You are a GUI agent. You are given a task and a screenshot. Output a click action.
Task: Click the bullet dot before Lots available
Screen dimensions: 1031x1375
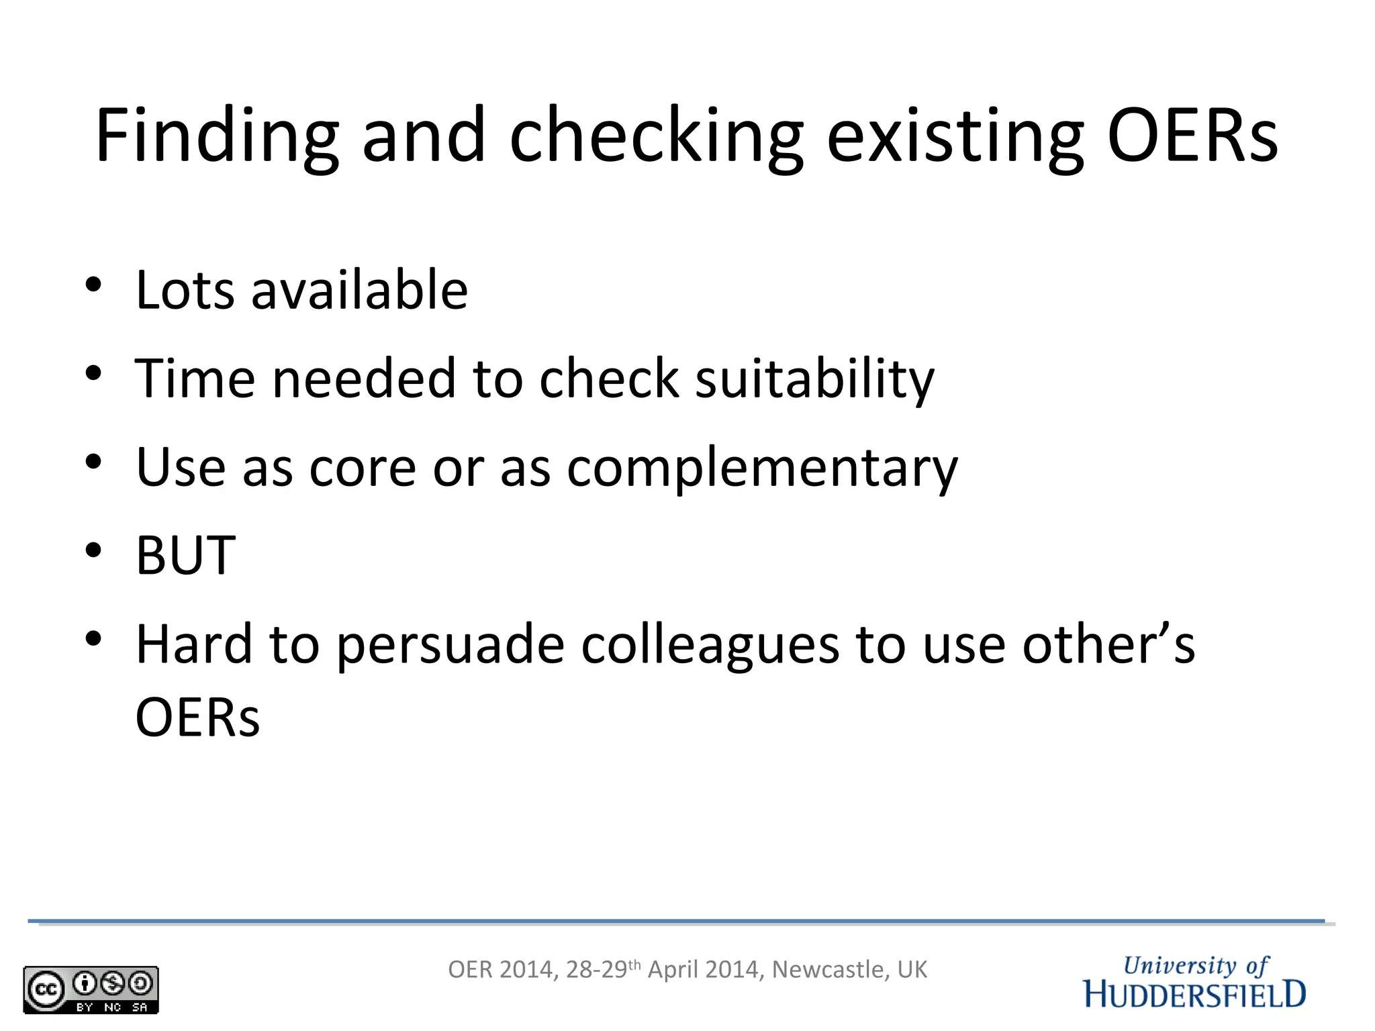point(93,285)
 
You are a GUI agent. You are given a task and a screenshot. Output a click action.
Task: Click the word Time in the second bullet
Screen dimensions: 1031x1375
point(195,379)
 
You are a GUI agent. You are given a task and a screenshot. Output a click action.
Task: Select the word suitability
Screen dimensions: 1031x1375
point(814,380)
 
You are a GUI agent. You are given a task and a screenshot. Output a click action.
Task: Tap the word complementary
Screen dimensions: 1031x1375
point(762,469)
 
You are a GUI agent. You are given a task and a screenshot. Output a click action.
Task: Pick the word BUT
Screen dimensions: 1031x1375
point(186,556)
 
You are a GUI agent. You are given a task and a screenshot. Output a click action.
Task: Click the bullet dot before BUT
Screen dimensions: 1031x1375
point(93,550)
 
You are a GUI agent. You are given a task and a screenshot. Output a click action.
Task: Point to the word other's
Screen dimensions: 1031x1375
point(1108,644)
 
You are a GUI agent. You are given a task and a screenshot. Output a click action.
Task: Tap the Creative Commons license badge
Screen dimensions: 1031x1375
point(91,989)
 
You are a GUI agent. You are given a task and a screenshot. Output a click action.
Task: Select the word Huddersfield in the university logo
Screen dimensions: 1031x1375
point(1194,994)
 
